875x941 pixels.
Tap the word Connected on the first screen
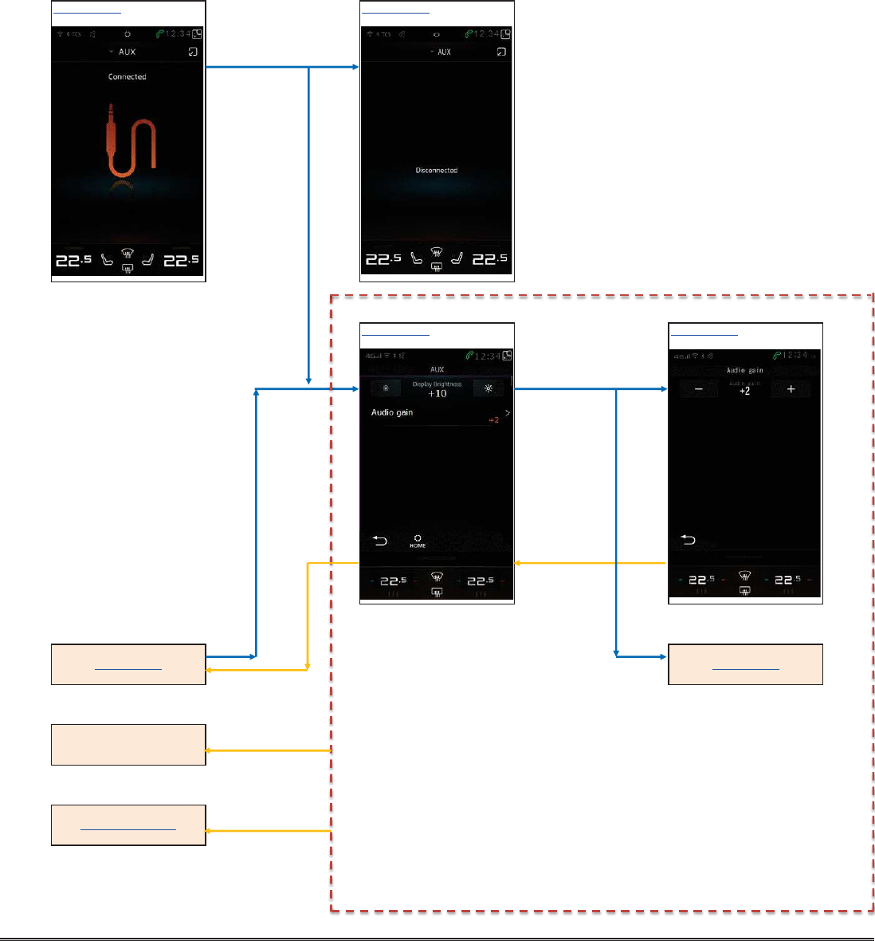(x=128, y=77)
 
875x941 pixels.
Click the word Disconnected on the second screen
(x=437, y=171)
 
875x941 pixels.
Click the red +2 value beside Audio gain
(x=494, y=420)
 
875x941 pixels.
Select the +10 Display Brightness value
(x=437, y=393)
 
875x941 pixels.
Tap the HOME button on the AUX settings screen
(x=418, y=541)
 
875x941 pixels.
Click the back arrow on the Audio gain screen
(x=688, y=540)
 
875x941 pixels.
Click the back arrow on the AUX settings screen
(x=379, y=541)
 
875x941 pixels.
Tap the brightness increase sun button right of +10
(x=489, y=389)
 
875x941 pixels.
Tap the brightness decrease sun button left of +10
(x=386, y=389)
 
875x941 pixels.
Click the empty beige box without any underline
(x=128, y=745)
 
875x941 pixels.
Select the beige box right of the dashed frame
(x=745, y=664)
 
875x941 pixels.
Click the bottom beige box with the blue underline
(x=128, y=825)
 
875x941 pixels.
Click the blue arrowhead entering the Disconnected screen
(x=356, y=67)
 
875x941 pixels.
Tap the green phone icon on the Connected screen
(x=159, y=34)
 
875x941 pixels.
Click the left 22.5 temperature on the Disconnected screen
(x=383, y=259)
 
